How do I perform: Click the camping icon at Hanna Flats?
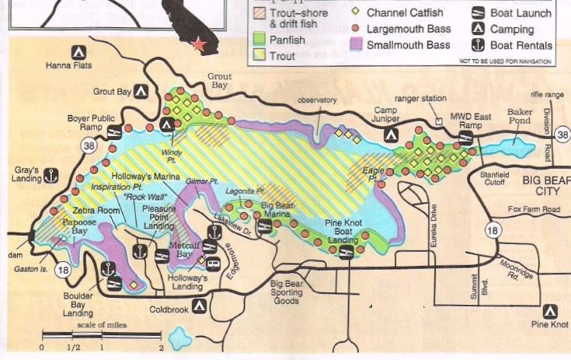tap(78, 52)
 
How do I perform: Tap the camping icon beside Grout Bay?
tap(141, 91)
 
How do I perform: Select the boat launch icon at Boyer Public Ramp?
tap(115, 130)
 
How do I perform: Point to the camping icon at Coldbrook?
tap(200, 306)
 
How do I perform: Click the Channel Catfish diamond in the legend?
tap(356, 12)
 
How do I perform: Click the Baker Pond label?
tap(520, 117)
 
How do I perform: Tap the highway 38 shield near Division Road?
tap(562, 134)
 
